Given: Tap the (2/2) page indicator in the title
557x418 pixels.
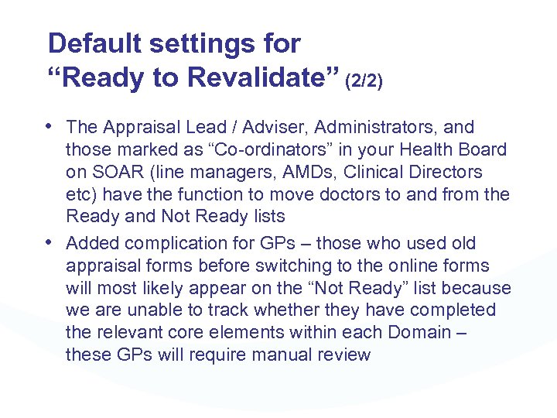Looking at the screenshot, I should click(363, 80).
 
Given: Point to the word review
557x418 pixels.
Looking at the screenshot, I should click(343, 355).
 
